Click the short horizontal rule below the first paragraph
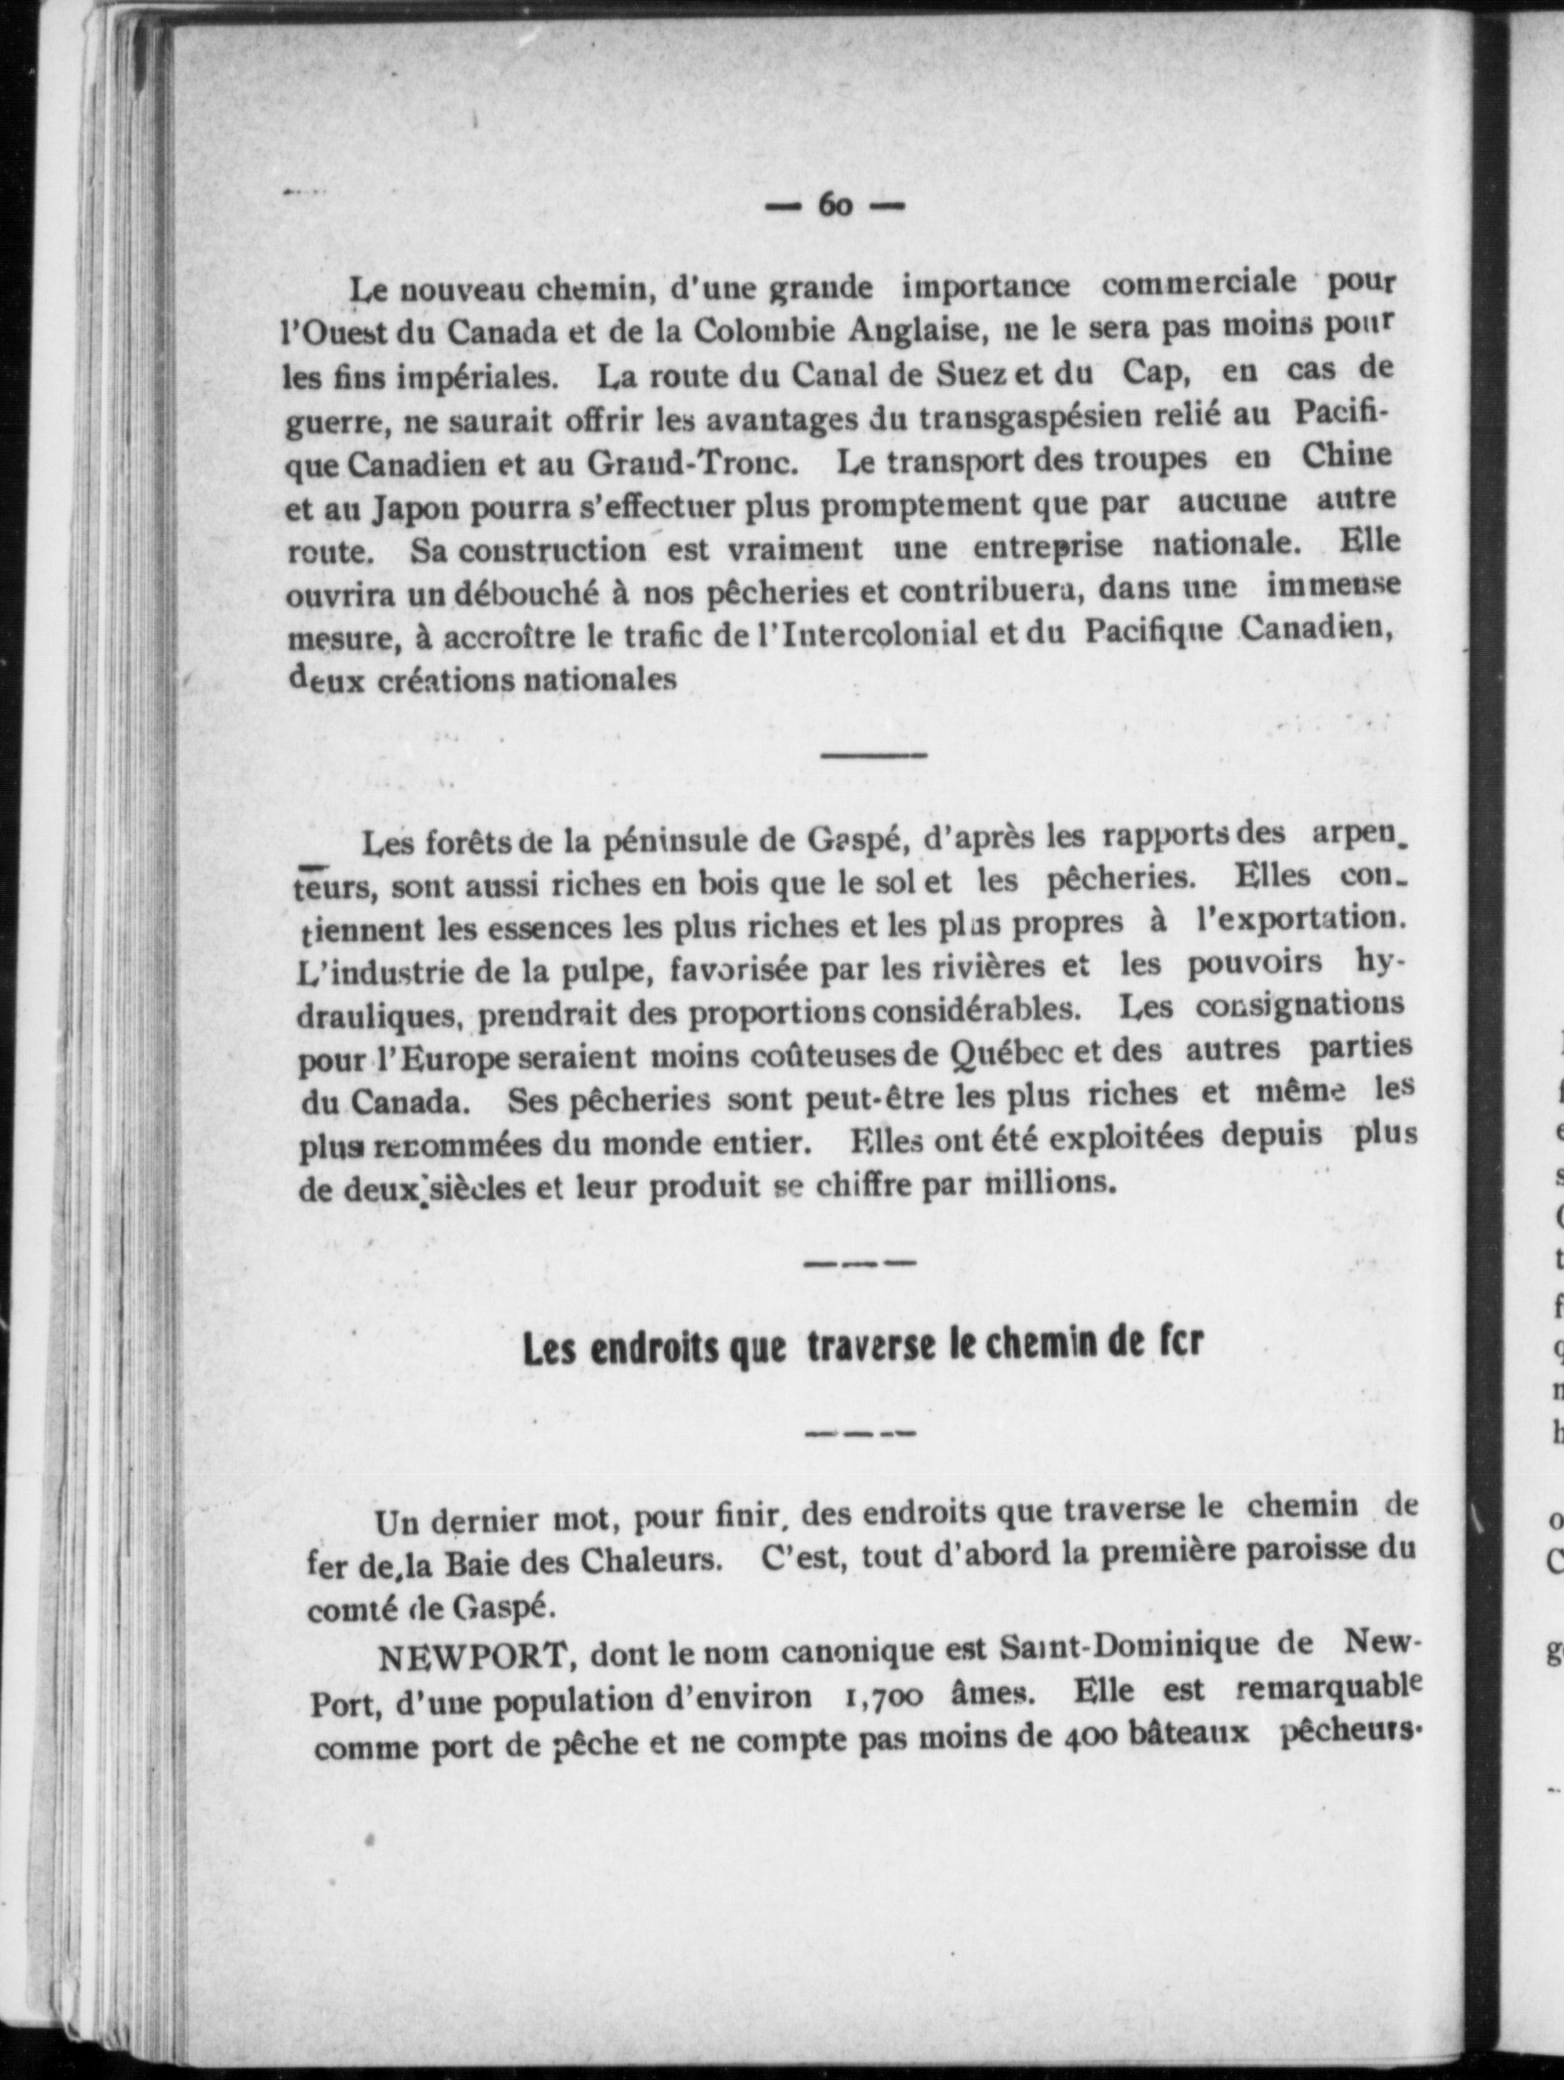873,755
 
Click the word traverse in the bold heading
871,1346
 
